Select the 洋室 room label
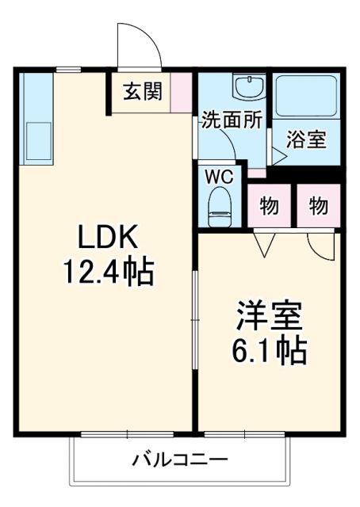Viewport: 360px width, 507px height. coord(270,316)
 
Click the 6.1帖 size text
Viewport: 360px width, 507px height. coord(270,349)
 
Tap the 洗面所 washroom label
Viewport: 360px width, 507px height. coord(231,121)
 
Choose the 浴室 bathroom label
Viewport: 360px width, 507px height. coord(306,139)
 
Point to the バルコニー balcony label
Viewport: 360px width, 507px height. coord(180,459)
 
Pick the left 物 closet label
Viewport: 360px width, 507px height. coord(270,207)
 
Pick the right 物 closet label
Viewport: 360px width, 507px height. coord(319,207)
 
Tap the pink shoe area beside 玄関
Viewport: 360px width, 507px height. coord(182,91)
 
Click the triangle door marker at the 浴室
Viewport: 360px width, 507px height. coord(278,154)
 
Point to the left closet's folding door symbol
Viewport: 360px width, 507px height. coord(263,244)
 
